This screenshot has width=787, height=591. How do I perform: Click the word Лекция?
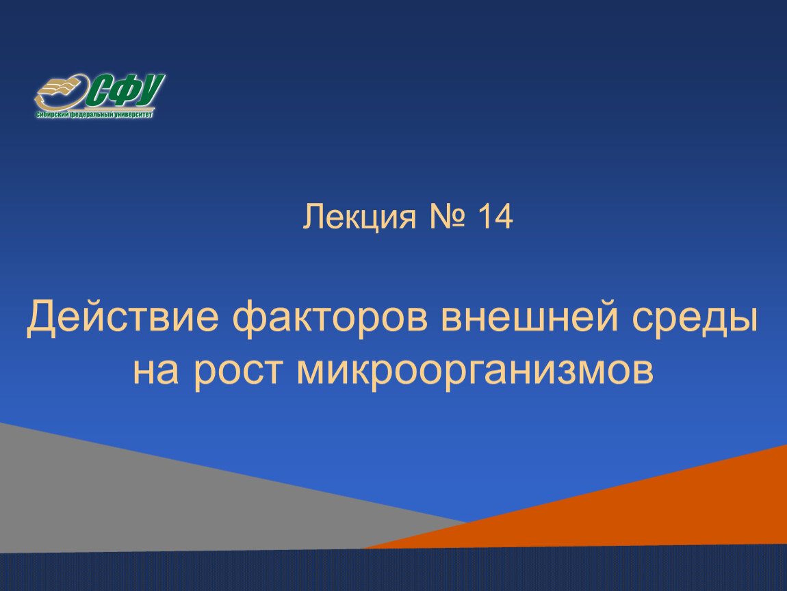[359, 218]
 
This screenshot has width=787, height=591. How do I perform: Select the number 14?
[495, 216]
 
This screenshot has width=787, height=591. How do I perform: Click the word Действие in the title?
[123, 317]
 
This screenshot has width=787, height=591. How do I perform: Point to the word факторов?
[330, 319]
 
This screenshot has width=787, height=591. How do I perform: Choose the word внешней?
[530, 317]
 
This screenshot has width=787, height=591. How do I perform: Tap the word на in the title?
[155, 371]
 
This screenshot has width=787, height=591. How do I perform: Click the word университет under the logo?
[133, 114]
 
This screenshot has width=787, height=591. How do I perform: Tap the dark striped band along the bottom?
[393, 570]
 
